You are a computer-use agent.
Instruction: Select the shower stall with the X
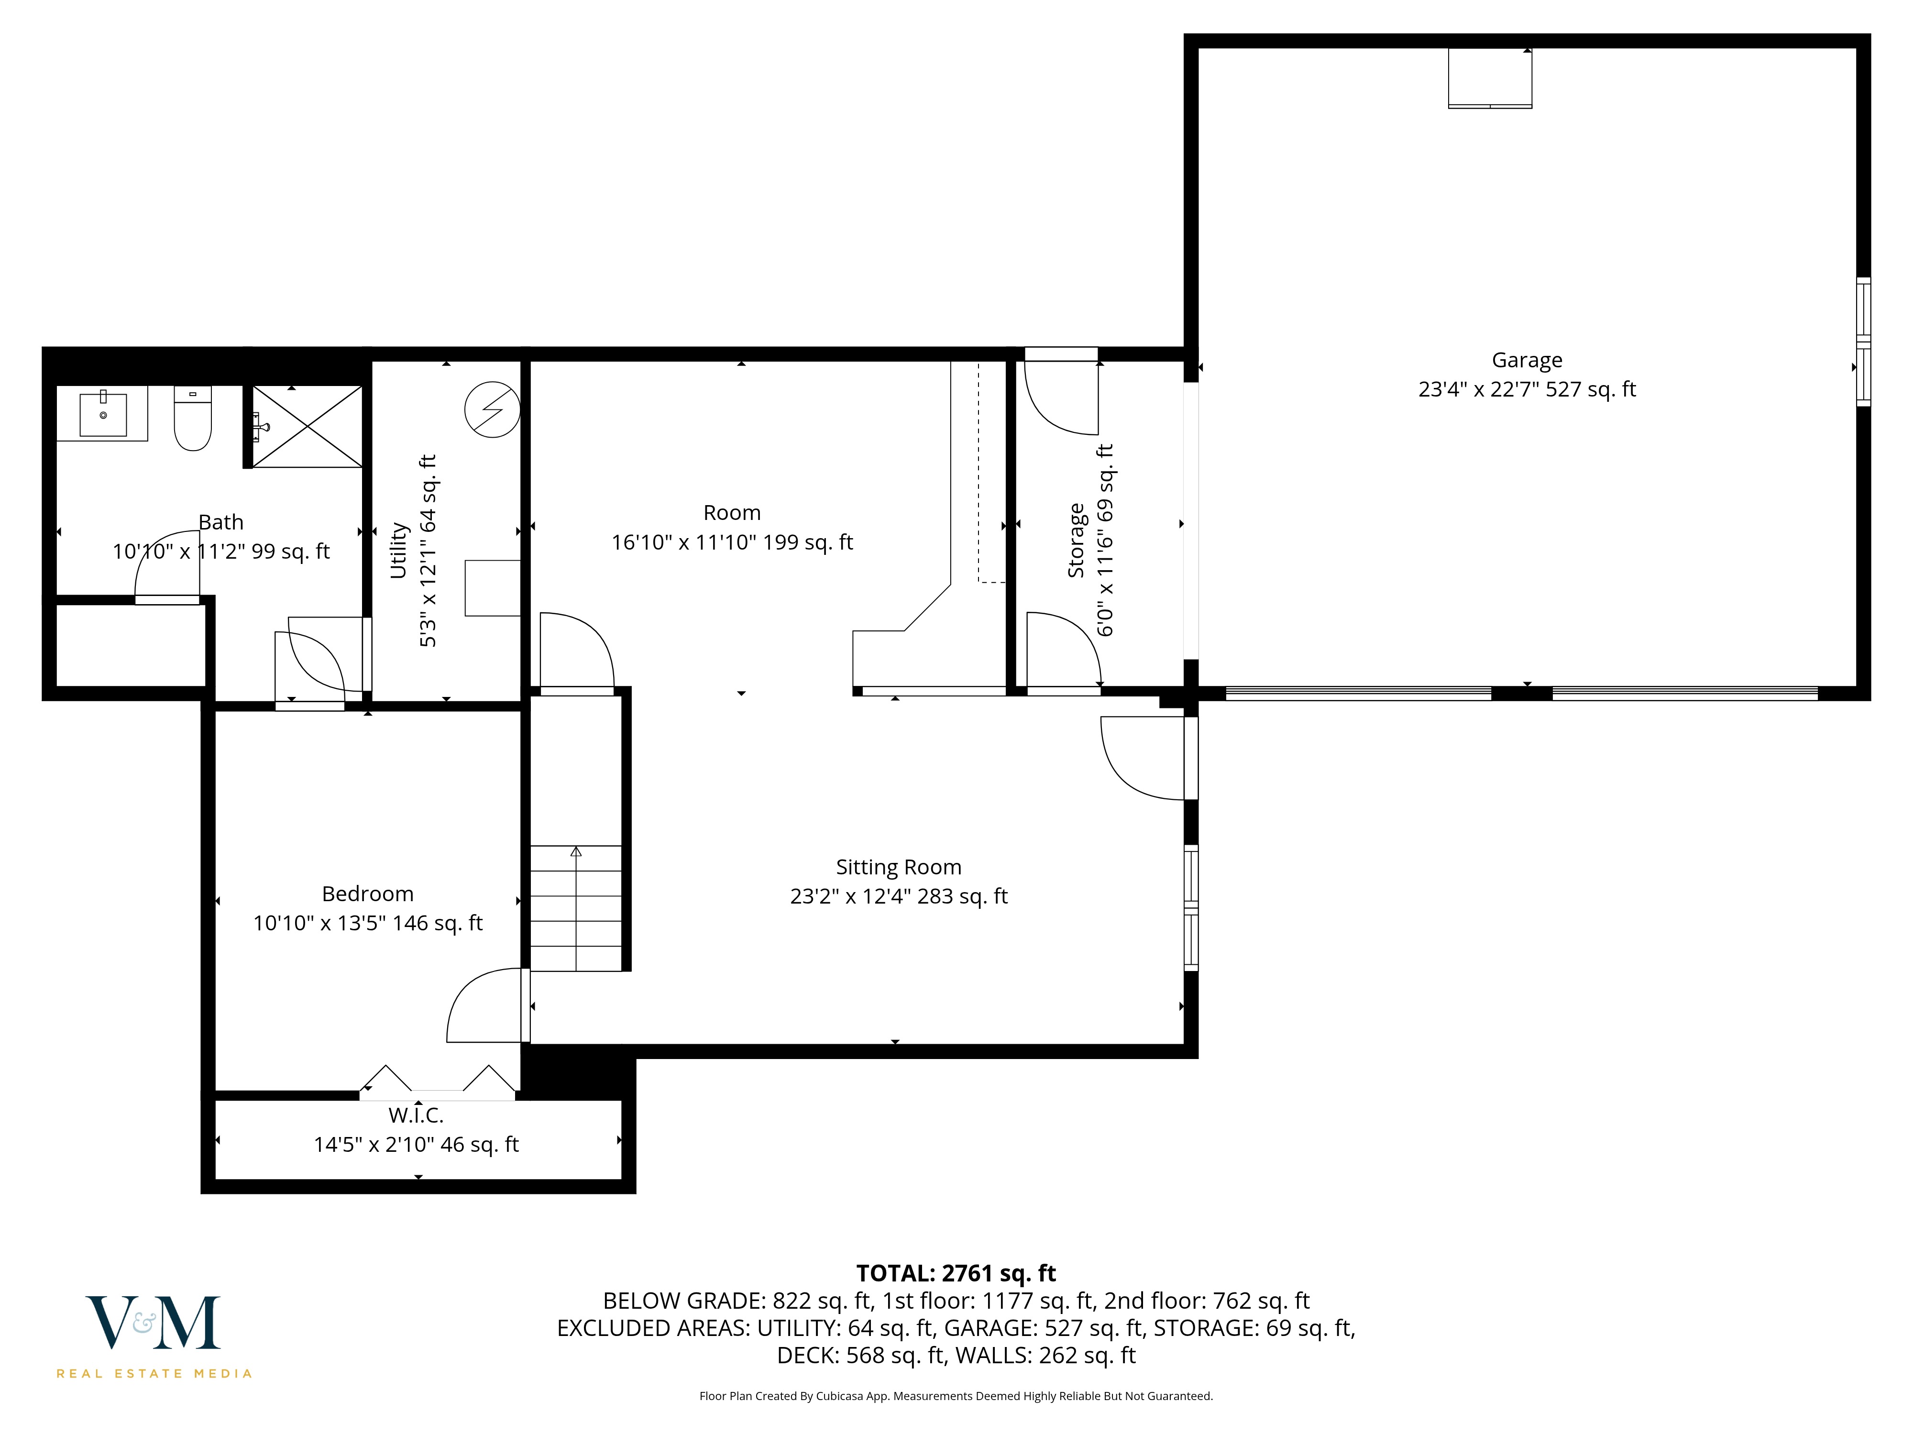307,427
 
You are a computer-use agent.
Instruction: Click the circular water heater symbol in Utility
492,410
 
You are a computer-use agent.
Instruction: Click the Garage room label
1527,360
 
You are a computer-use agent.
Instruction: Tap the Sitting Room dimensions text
899,896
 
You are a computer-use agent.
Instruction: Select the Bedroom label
368,894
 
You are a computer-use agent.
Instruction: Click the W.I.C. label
416,1115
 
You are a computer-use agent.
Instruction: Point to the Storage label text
1076,541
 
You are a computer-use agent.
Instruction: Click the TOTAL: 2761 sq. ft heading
956,1273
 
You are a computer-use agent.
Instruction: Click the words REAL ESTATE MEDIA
154,1374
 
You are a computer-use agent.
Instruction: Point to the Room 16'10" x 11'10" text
732,542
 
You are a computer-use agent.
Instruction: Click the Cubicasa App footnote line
956,1396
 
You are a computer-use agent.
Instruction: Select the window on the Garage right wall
1864,342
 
